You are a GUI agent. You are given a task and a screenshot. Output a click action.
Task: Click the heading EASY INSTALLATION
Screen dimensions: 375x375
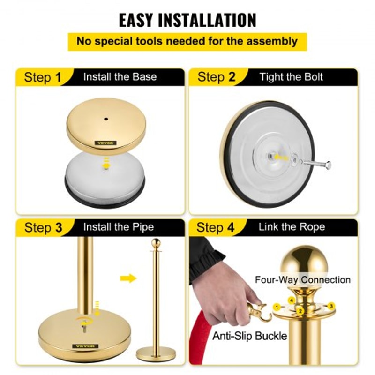(187, 20)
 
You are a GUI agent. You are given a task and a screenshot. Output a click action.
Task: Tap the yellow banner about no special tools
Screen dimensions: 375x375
(187, 41)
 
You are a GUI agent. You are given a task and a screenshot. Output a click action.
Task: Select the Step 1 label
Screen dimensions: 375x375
(43, 77)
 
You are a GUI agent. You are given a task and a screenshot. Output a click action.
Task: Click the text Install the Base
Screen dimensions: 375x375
(120, 77)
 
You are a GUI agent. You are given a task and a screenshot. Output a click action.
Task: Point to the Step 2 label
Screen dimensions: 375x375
(216, 77)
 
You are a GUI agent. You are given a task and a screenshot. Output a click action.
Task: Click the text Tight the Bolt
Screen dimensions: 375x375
(291, 77)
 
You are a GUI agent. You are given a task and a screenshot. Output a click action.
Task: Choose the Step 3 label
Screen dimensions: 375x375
(43, 228)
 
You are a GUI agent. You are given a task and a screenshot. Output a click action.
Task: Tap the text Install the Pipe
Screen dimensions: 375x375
(119, 227)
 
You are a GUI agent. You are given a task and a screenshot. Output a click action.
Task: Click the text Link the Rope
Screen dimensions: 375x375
(291, 227)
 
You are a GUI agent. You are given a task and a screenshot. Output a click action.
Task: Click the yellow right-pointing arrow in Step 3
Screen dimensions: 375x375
(128, 278)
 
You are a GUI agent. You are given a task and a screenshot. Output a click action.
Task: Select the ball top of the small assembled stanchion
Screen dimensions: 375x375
(156, 243)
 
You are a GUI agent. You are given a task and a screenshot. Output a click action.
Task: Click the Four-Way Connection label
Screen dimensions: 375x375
(302, 280)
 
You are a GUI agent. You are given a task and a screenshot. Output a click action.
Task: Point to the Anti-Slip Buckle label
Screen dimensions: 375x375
(250, 336)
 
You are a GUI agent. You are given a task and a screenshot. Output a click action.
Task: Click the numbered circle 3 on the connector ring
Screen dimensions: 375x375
(331, 306)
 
